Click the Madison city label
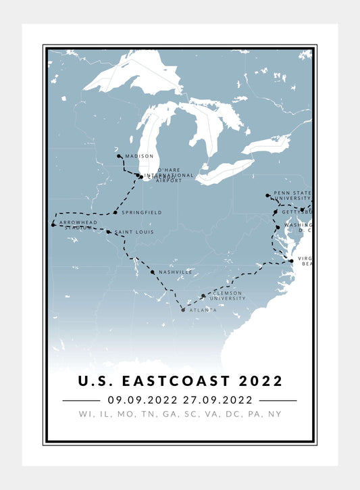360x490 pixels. point(139,156)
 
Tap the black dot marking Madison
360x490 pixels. point(119,156)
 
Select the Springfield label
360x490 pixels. point(141,213)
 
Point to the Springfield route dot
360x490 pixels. point(115,212)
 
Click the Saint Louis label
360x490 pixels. point(134,232)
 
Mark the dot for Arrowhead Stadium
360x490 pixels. point(53,224)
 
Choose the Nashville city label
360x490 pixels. point(176,272)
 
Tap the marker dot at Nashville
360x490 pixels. point(153,272)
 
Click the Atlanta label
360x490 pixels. point(203,310)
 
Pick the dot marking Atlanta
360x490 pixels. point(183,310)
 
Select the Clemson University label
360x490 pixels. point(226,296)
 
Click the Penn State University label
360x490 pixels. point(292,196)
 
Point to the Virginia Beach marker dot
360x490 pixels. point(291,260)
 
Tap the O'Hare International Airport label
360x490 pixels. point(168,176)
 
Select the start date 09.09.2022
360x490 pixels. point(143,400)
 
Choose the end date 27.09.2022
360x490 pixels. point(215,400)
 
